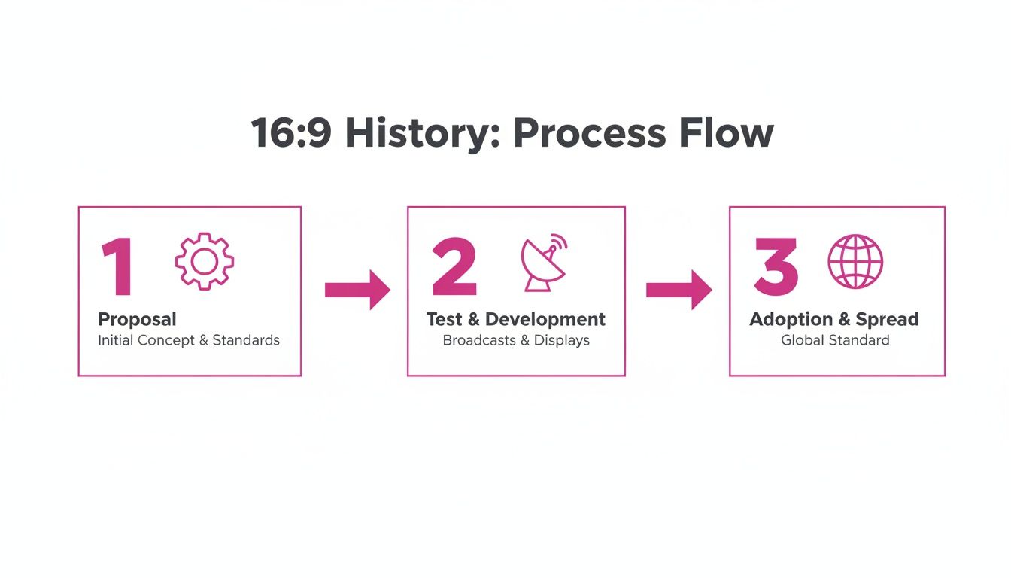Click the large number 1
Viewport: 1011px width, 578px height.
point(118,266)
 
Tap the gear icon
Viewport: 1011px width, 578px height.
point(205,261)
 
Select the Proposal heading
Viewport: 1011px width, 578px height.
point(137,320)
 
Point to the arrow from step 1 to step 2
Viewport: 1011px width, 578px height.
point(357,290)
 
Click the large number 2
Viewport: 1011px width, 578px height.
point(454,266)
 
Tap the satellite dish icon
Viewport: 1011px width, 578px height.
point(543,262)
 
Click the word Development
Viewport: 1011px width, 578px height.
point(545,320)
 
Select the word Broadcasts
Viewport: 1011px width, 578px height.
point(479,340)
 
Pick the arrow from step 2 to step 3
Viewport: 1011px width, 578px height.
point(679,290)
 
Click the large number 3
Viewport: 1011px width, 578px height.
point(776,266)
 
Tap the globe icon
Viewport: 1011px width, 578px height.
point(855,261)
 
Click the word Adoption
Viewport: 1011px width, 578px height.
point(791,320)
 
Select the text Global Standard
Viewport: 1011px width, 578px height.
point(835,340)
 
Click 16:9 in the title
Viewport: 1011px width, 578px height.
point(291,132)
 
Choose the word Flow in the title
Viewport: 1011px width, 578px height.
point(727,132)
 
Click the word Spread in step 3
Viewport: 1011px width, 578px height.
point(888,320)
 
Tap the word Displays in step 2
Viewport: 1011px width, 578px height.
point(562,340)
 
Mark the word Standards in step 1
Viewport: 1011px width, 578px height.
point(246,340)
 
